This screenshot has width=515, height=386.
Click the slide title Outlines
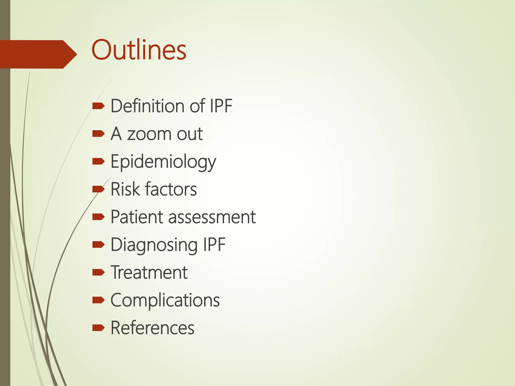click(139, 50)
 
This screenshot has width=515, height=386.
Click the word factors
click(171, 189)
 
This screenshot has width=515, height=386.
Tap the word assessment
click(212, 217)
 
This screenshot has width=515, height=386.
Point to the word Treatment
click(149, 273)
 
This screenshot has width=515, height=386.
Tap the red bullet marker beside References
click(98, 328)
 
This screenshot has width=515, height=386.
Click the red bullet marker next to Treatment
click(98, 272)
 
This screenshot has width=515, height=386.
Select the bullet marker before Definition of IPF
click(98, 106)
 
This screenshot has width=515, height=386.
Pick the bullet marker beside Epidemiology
click(98, 161)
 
